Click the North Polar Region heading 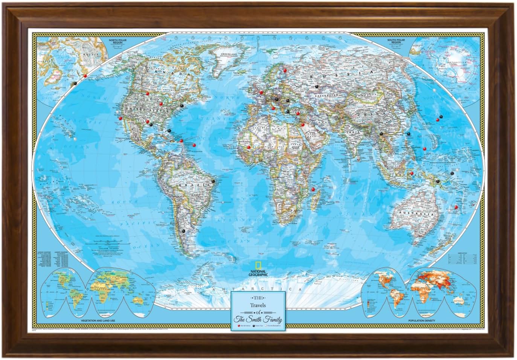click(117, 41)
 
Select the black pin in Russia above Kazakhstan click(316, 86)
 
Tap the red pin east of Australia click(456, 207)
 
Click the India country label click(353, 133)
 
